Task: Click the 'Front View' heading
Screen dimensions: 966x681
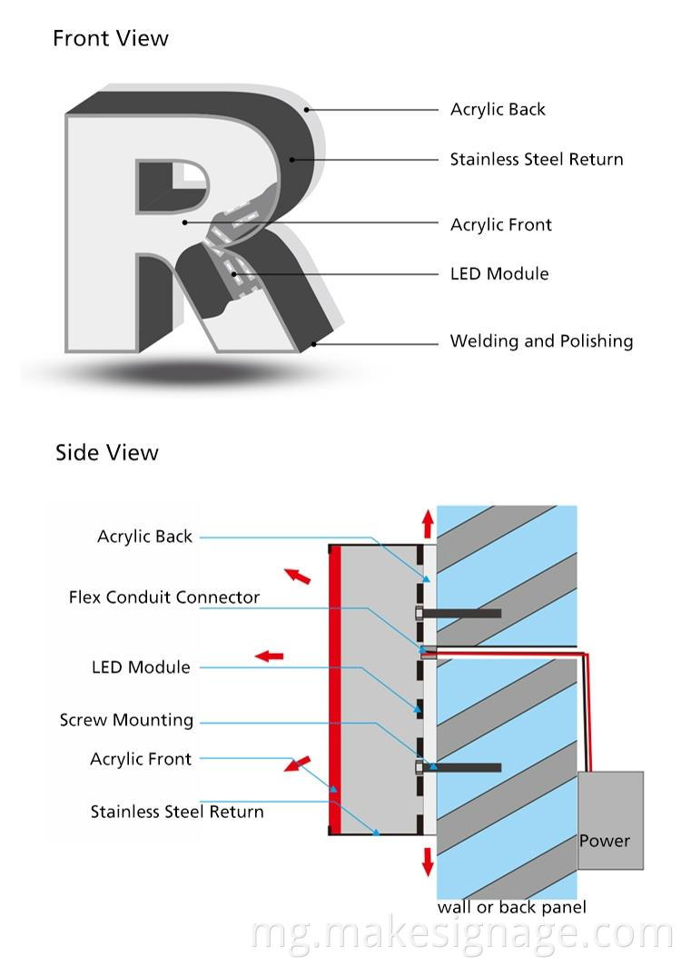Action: [110, 38]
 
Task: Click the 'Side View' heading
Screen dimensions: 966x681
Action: [106, 452]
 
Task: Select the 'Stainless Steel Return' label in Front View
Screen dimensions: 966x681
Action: [537, 159]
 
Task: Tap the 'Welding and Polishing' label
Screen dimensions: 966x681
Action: [541, 341]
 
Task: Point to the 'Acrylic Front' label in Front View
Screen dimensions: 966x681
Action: [500, 224]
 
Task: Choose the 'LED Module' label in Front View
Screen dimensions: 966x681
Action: [499, 273]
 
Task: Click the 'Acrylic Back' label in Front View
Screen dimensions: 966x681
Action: [498, 109]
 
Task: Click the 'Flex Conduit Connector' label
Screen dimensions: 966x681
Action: [164, 597]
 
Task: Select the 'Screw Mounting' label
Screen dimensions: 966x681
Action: [126, 720]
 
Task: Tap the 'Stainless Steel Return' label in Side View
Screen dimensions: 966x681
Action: [177, 812]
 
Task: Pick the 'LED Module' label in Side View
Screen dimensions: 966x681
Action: [141, 667]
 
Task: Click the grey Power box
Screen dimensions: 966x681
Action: [610, 822]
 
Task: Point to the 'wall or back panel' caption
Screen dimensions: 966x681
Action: [511, 907]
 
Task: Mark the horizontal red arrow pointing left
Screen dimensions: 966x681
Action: [269, 655]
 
